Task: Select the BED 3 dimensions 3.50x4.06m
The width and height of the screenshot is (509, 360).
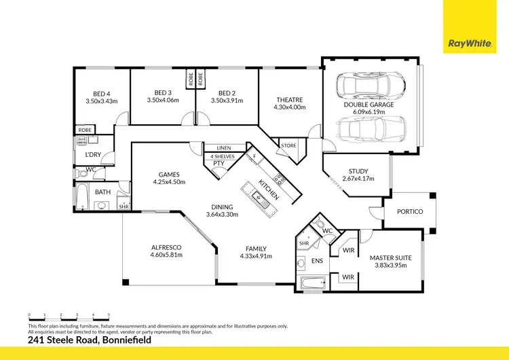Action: click(162, 101)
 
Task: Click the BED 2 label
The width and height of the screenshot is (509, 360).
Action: click(227, 92)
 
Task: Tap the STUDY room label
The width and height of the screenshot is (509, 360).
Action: click(358, 171)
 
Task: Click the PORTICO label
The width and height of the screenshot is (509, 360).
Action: click(409, 211)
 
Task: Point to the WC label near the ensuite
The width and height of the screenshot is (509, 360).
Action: click(326, 231)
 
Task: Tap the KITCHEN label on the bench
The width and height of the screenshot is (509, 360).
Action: click(268, 190)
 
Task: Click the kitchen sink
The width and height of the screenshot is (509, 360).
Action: click(259, 198)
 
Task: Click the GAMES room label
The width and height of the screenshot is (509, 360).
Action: click(168, 174)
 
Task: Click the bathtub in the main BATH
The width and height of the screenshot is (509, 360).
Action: click(81, 198)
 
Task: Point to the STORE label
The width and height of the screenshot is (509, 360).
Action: click(288, 145)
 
